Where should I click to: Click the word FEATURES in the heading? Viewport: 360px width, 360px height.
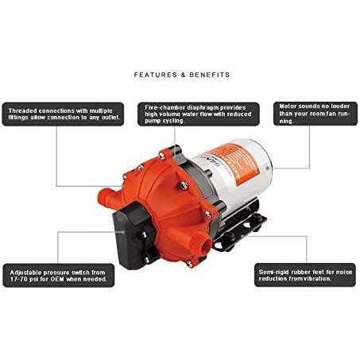tap(152, 75)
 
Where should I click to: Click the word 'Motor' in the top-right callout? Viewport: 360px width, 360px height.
tap(288, 106)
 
